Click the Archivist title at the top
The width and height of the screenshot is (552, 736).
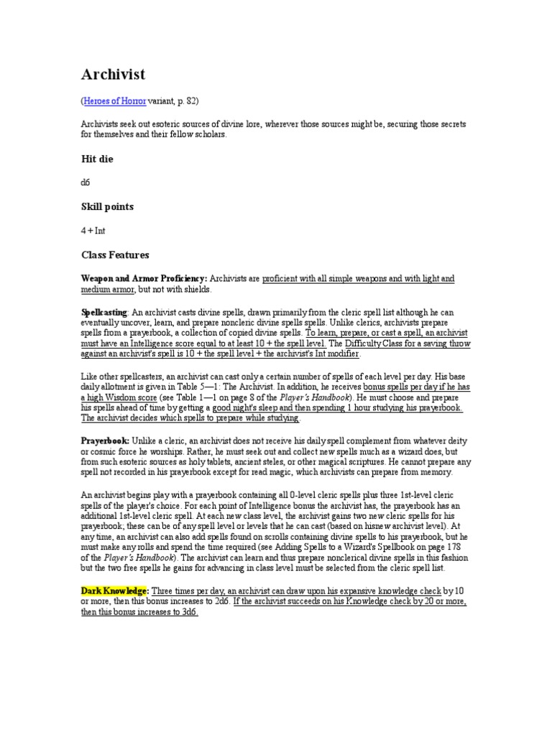(114, 75)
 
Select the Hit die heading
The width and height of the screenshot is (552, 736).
(97, 157)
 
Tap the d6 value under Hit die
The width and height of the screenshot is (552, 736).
(86, 183)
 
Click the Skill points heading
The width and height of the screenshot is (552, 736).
(107, 207)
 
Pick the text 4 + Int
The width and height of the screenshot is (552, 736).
(93, 231)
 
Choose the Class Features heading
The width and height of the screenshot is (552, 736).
(116, 255)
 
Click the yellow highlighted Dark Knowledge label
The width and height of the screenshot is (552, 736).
(114, 590)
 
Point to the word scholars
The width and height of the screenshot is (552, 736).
(208, 134)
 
